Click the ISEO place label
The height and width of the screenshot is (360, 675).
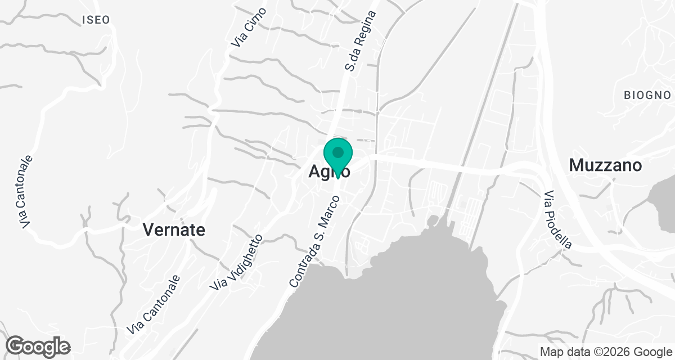(96, 20)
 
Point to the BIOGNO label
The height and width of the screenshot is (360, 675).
(647, 95)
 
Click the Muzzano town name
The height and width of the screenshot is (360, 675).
(605, 165)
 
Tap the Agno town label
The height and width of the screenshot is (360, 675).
(330, 172)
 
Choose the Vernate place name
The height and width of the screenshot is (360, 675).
(174, 229)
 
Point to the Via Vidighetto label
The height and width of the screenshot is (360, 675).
(237, 262)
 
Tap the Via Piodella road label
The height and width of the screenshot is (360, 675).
(558, 219)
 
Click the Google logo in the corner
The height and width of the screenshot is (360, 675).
(38, 346)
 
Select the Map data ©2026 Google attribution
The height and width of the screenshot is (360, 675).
(605, 352)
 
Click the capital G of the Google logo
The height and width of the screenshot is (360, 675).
(16, 345)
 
